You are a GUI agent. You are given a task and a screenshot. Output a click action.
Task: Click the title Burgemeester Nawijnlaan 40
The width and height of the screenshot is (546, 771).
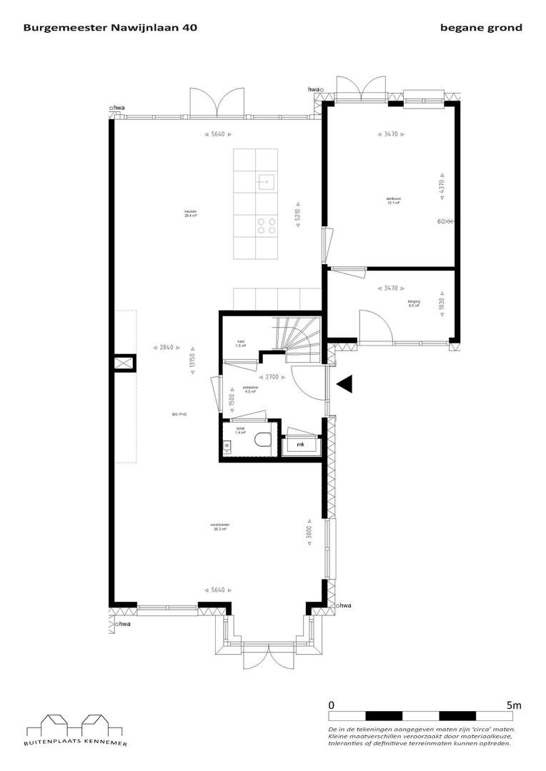111,28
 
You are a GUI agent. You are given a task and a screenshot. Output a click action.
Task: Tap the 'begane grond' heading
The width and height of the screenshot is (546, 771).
482,28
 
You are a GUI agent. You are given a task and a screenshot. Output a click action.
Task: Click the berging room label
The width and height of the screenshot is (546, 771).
414,303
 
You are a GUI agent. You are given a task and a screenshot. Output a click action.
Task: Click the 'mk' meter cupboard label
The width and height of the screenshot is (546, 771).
300,445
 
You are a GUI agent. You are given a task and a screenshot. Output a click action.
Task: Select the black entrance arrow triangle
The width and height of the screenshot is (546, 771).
346,385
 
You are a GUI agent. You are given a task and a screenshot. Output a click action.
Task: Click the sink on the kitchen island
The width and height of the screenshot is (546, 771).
266,181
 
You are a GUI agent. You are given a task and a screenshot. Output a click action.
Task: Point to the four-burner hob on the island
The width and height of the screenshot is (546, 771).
267,226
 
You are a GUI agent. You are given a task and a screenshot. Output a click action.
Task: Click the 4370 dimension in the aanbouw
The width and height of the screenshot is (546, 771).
442,188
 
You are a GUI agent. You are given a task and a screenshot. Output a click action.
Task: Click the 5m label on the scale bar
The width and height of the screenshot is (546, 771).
514,705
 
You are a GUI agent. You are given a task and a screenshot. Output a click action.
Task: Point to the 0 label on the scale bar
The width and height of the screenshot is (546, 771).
332,705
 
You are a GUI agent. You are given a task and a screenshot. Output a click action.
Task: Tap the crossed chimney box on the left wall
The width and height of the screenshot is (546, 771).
124,363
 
